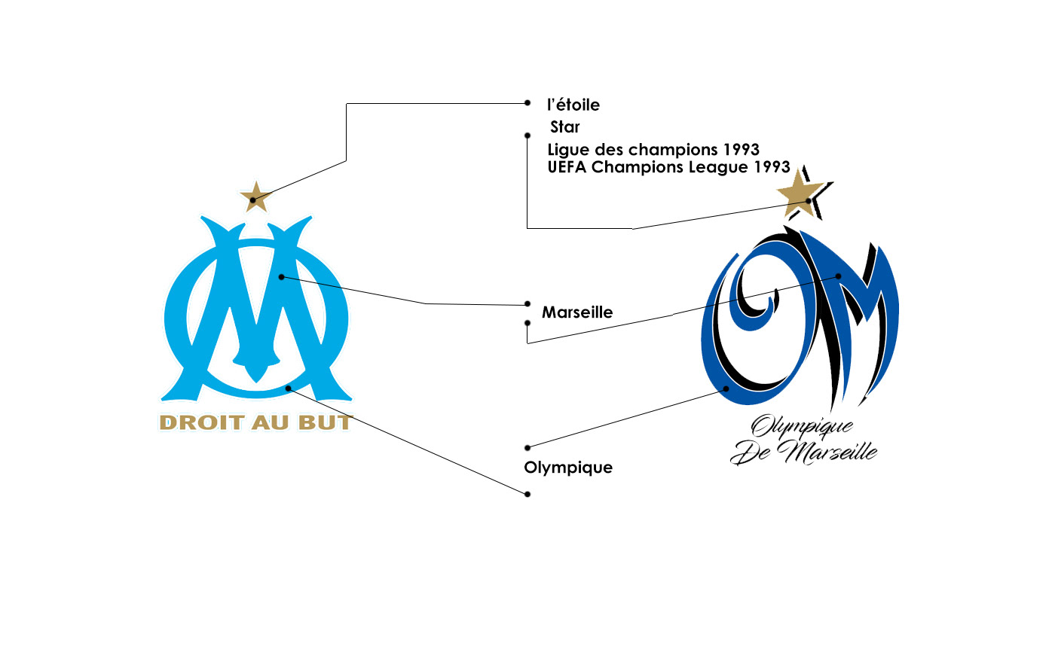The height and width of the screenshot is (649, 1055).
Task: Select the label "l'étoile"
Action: click(x=573, y=105)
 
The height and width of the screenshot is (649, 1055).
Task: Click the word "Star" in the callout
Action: click(x=565, y=127)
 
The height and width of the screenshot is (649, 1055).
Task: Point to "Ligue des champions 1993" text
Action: click(x=653, y=149)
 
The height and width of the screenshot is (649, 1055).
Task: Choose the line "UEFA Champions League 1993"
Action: click(x=669, y=167)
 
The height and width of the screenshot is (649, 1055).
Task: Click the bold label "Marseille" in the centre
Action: click(x=577, y=312)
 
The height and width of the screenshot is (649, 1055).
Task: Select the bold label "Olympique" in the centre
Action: click(x=568, y=468)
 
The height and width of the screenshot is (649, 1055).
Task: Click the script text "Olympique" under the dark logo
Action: click(x=803, y=428)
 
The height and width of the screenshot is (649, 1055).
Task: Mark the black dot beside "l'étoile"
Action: click(x=527, y=102)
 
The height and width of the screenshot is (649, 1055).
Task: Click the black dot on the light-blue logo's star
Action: click(x=253, y=200)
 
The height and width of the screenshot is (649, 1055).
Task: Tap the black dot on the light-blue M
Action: click(x=281, y=277)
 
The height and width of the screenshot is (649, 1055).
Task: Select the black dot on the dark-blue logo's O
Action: click(x=726, y=388)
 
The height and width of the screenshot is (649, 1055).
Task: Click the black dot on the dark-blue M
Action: click(x=838, y=276)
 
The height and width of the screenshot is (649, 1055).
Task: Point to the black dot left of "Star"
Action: click(x=527, y=136)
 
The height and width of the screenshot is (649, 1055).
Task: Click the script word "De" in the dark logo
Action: click(x=750, y=454)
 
